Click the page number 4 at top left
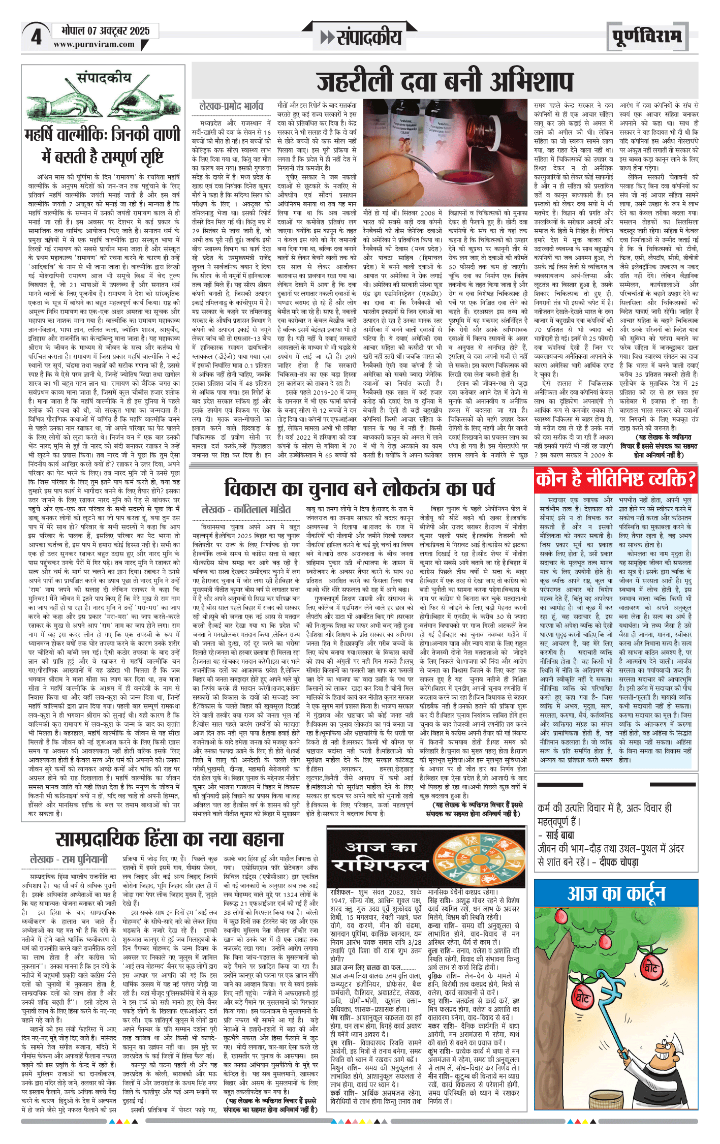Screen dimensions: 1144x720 (36, 37)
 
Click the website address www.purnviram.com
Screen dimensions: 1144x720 (94, 44)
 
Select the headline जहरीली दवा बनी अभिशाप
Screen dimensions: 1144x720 (444, 81)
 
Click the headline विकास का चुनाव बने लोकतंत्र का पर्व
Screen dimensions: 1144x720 (359, 488)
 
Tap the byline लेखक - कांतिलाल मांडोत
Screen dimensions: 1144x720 (246, 509)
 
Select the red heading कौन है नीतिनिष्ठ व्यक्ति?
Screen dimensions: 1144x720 (615, 479)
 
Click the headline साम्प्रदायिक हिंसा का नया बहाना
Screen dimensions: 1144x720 (169, 839)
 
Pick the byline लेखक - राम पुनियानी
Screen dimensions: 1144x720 (69, 859)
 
